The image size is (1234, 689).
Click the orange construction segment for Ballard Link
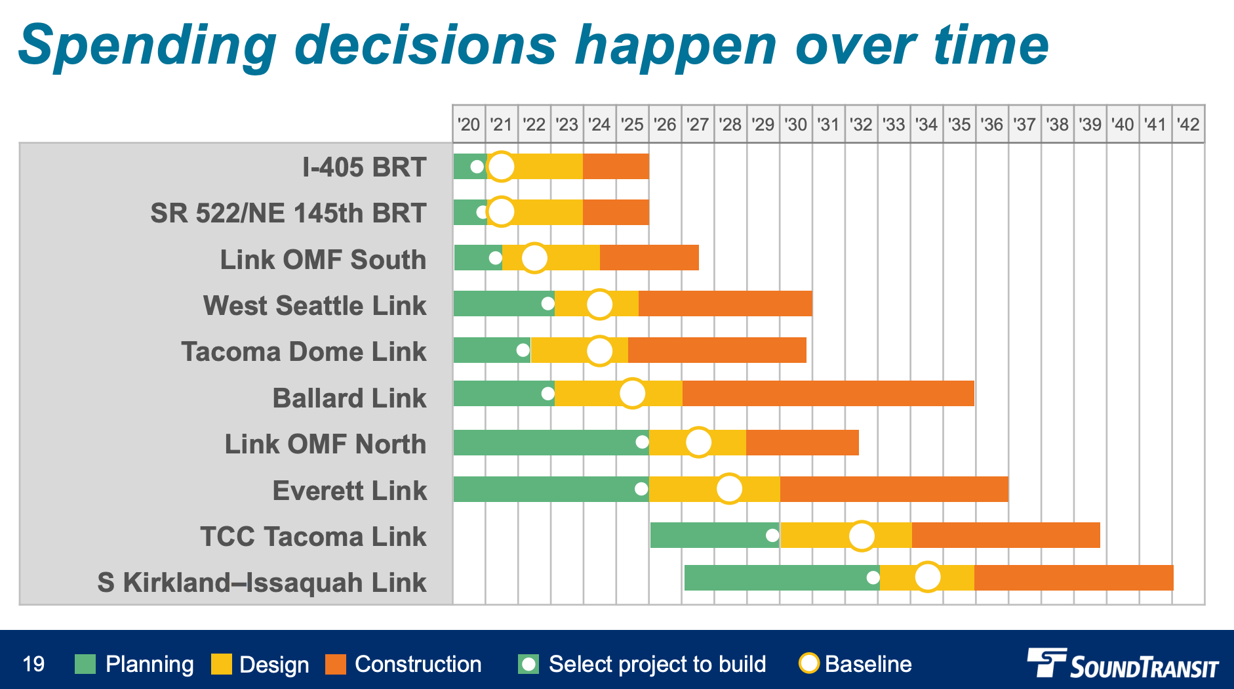pyautogui.click(x=827, y=393)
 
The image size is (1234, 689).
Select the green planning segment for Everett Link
pyautogui.click(x=544, y=490)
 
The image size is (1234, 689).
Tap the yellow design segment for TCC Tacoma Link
pyautogui.click(x=820, y=535)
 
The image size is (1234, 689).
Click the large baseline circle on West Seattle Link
pyautogui.click(x=599, y=304)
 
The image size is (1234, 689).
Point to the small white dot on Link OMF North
pyautogui.click(x=642, y=442)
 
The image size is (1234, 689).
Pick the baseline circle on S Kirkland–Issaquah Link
pyautogui.click(x=927, y=577)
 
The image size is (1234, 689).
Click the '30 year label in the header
pyautogui.click(x=796, y=125)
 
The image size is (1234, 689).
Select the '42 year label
pyautogui.click(x=1188, y=125)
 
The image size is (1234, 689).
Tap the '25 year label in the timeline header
pyautogui.click(x=632, y=125)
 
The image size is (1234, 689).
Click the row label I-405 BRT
pyautogui.click(x=364, y=167)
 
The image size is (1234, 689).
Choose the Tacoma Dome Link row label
pyautogui.click(x=304, y=352)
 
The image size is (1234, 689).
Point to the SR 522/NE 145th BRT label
pyautogui.click(x=289, y=213)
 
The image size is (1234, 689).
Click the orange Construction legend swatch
pyautogui.click(x=336, y=664)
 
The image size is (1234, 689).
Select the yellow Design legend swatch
pyautogui.click(x=222, y=664)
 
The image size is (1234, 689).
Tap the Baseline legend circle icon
pyautogui.click(x=809, y=663)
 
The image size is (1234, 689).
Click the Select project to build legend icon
pyautogui.click(x=528, y=664)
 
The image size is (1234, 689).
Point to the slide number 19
pyautogui.click(x=33, y=664)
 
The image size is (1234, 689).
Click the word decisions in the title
pyautogui.click(x=426, y=46)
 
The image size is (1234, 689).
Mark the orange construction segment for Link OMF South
pyautogui.click(x=649, y=258)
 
